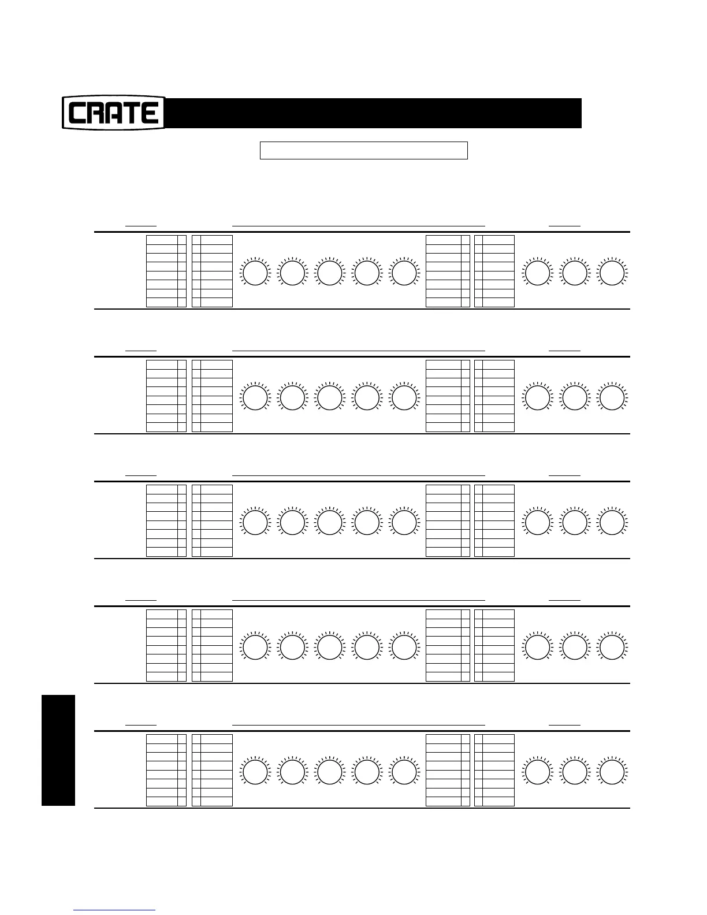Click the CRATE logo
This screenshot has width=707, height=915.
tap(114, 113)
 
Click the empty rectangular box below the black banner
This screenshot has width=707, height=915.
tap(363, 150)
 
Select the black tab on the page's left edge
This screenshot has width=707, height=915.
tap(58, 750)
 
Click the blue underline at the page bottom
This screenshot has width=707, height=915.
tap(114, 910)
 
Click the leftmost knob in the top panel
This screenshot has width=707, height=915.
tap(255, 273)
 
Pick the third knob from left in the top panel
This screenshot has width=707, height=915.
tap(329, 273)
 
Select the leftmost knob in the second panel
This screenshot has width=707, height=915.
tap(255, 398)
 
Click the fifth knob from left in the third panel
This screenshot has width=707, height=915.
tap(404, 523)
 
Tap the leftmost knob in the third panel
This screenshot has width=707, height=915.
tap(255, 523)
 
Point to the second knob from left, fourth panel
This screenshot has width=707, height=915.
tap(292, 648)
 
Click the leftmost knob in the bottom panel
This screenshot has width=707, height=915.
tap(255, 772)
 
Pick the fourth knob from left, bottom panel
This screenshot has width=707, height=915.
tap(367, 772)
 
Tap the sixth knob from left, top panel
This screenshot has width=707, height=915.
tap(537, 273)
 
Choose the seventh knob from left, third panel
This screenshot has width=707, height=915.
tap(575, 523)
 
